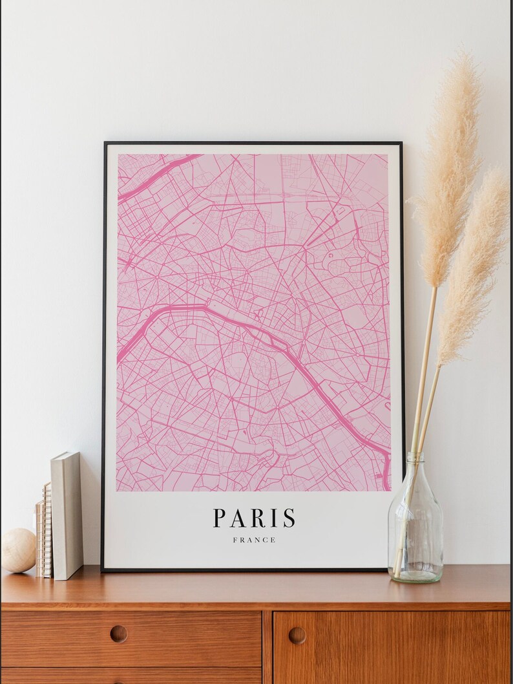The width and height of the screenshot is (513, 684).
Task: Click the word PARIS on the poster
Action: pos(255,518)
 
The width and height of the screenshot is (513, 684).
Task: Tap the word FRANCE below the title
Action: pos(255,540)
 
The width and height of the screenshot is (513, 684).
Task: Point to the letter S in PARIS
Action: pos(289,518)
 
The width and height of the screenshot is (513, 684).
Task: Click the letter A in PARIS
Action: pos(237,518)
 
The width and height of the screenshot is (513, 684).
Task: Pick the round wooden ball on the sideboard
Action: pos(18,550)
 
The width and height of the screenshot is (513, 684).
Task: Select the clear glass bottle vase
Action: pos(415,524)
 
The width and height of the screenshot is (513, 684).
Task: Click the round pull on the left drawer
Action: pos(118,634)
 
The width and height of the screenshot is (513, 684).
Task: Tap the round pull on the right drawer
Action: pos(297,636)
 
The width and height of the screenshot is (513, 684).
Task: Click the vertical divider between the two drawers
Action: pos(267,647)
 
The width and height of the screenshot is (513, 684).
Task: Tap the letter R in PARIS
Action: pos(256,518)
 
